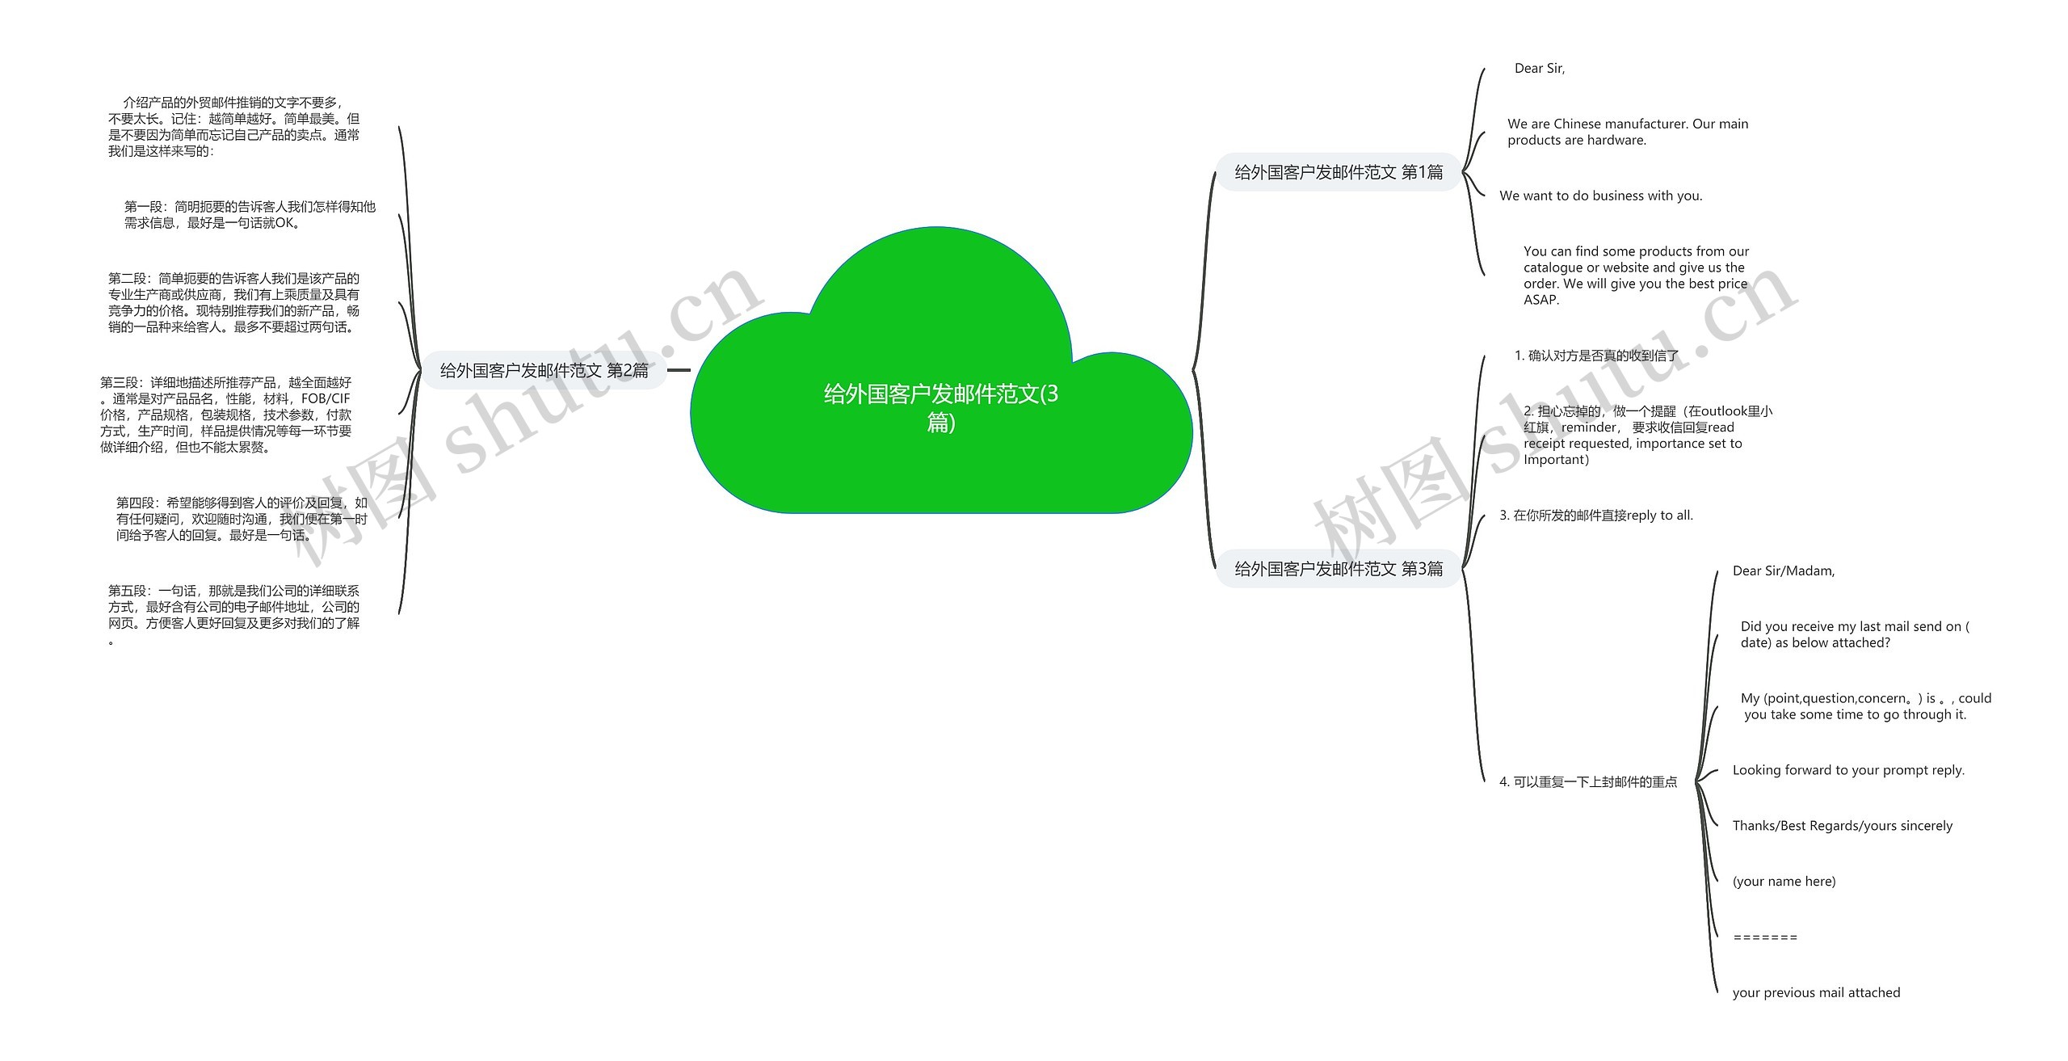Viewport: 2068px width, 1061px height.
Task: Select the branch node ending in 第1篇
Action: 1339,172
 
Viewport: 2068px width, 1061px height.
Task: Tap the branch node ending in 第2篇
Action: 544,371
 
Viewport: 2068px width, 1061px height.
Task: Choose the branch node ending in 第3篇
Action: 1339,569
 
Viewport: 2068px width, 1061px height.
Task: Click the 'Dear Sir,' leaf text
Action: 1539,69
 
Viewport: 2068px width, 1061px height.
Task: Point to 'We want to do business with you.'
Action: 1600,196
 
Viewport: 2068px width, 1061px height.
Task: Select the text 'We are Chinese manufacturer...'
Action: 1627,132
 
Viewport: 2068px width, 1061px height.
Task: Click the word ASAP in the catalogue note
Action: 1541,300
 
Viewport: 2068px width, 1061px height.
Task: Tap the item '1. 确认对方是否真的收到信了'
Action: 1596,356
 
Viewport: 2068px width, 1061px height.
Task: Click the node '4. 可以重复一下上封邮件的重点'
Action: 1588,782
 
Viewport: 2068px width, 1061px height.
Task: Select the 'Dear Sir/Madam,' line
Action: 1784,571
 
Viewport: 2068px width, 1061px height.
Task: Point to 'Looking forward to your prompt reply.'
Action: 1848,770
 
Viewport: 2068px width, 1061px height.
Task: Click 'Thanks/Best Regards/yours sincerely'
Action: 1842,826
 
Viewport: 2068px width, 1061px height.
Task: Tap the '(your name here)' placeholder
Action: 1784,882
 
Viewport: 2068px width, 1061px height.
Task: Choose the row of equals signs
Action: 1765,937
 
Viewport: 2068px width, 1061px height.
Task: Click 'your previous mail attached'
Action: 1816,993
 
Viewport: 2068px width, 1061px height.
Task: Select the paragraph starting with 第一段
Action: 250,215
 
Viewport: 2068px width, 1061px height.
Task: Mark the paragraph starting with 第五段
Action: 233,607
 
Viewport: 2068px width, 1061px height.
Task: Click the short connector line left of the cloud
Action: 679,371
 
